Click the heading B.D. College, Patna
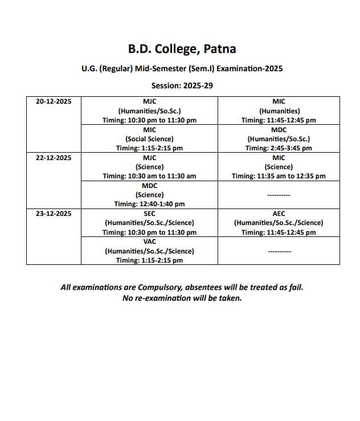(182, 49)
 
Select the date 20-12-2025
(54, 101)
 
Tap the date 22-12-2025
(54, 157)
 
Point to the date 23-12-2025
(54, 214)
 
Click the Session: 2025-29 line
(182, 85)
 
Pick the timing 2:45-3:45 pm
(279, 148)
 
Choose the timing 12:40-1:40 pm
(149, 204)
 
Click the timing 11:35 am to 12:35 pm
(279, 176)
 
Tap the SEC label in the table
(149, 214)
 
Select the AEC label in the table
(279, 214)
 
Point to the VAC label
(149, 242)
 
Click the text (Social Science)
(149, 138)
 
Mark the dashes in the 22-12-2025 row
(279, 195)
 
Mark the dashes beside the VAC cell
(279, 251)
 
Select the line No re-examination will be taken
(182, 298)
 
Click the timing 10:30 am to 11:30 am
(149, 176)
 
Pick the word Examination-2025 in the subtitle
(252, 68)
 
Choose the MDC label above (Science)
(149, 186)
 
